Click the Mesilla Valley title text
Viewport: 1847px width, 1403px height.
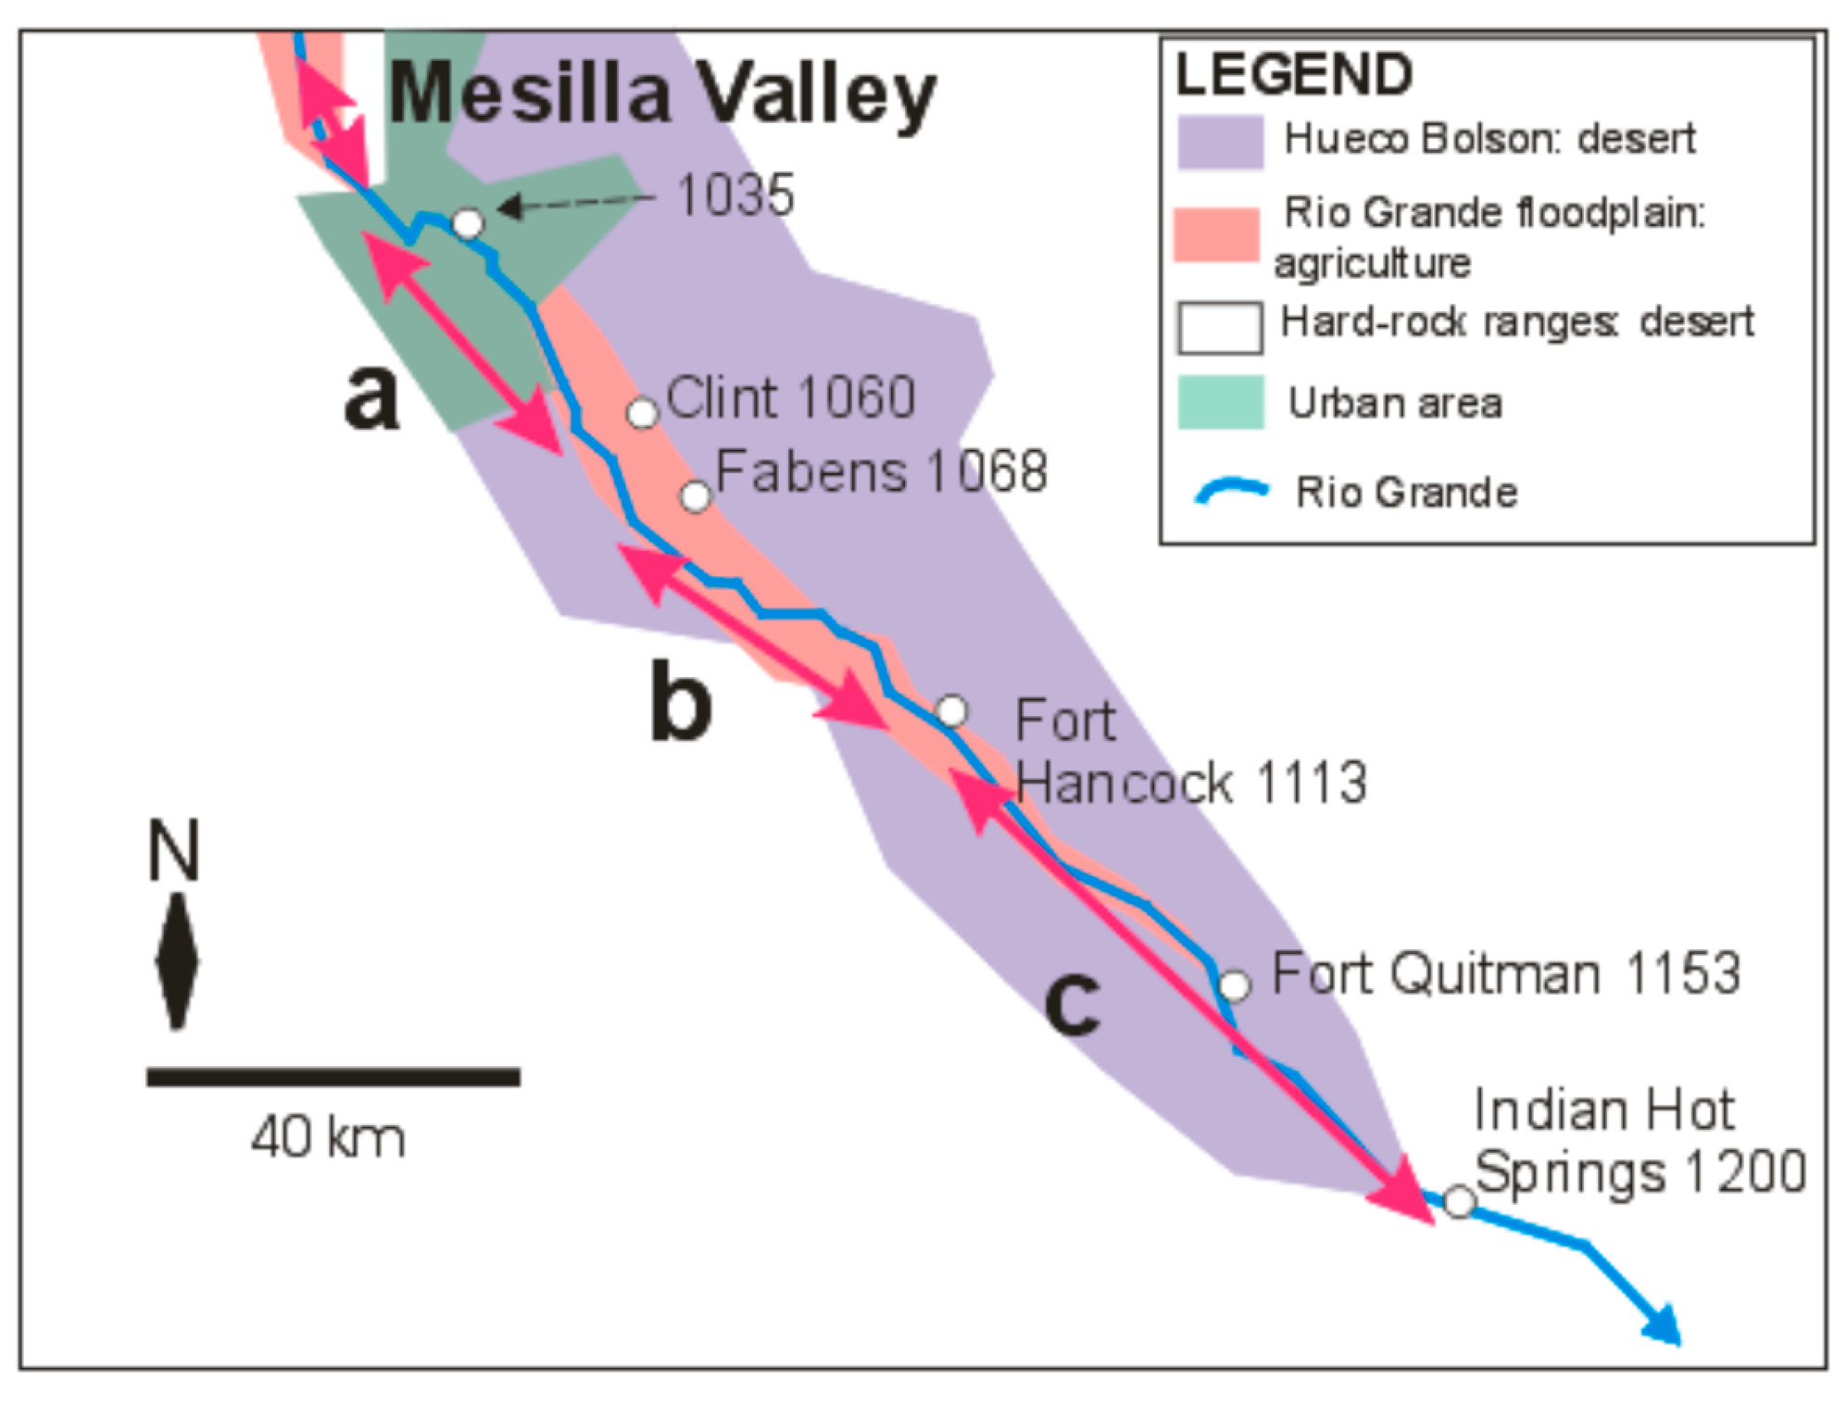[x=661, y=94]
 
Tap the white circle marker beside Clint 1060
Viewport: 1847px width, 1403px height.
[x=642, y=413]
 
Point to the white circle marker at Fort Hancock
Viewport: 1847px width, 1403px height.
[x=951, y=711]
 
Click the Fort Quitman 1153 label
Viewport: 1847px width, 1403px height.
[x=1505, y=973]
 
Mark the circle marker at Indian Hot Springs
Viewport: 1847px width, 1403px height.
[x=1459, y=1202]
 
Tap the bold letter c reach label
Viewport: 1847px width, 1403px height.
[x=1072, y=1004]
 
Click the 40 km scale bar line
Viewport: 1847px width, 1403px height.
[x=333, y=1077]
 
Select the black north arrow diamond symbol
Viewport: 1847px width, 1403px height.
[x=177, y=961]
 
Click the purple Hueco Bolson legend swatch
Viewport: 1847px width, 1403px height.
[x=1220, y=142]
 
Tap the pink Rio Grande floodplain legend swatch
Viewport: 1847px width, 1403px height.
[x=1216, y=234]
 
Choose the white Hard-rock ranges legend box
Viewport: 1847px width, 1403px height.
[x=1219, y=327]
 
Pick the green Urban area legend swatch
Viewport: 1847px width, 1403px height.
[x=1220, y=403]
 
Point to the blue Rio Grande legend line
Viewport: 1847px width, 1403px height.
[x=1231, y=490]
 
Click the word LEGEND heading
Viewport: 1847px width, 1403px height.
[x=1294, y=74]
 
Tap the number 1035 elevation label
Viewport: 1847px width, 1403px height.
[x=735, y=195]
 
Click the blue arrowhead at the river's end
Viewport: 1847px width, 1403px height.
[x=1664, y=1324]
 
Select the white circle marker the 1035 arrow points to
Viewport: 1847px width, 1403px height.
[x=468, y=223]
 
